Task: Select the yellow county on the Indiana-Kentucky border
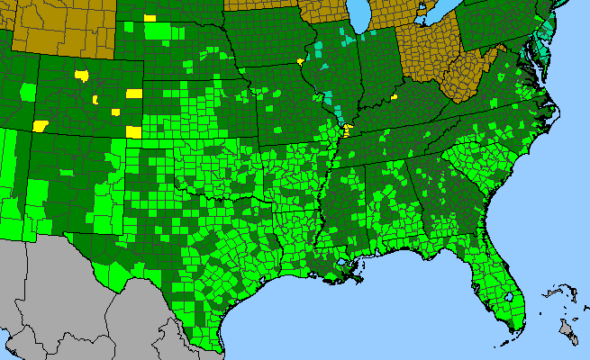click(x=394, y=96)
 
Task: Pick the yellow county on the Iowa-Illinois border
click(x=299, y=62)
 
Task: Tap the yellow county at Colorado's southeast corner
click(x=133, y=132)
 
